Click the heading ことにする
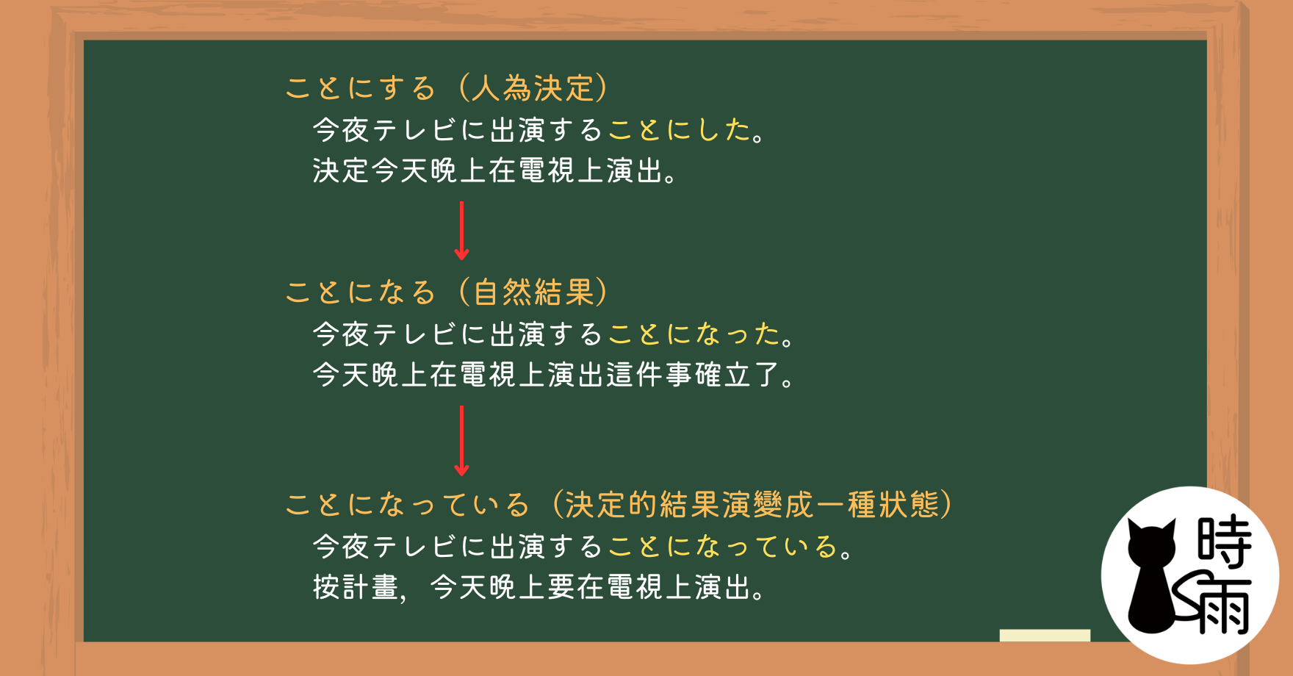(x=361, y=88)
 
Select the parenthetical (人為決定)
(x=533, y=88)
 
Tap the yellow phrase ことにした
(x=679, y=130)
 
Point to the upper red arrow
(x=461, y=231)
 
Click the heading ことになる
(x=361, y=292)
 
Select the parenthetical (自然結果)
(x=533, y=292)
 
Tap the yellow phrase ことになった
(x=694, y=334)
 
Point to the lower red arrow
(x=461, y=441)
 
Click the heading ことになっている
(x=407, y=505)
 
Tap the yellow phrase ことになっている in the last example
(x=723, y=547)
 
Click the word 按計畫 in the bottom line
(x=356, y=587)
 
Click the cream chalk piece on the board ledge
(x=1045, y=636)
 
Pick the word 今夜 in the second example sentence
(x=341, y=334)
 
